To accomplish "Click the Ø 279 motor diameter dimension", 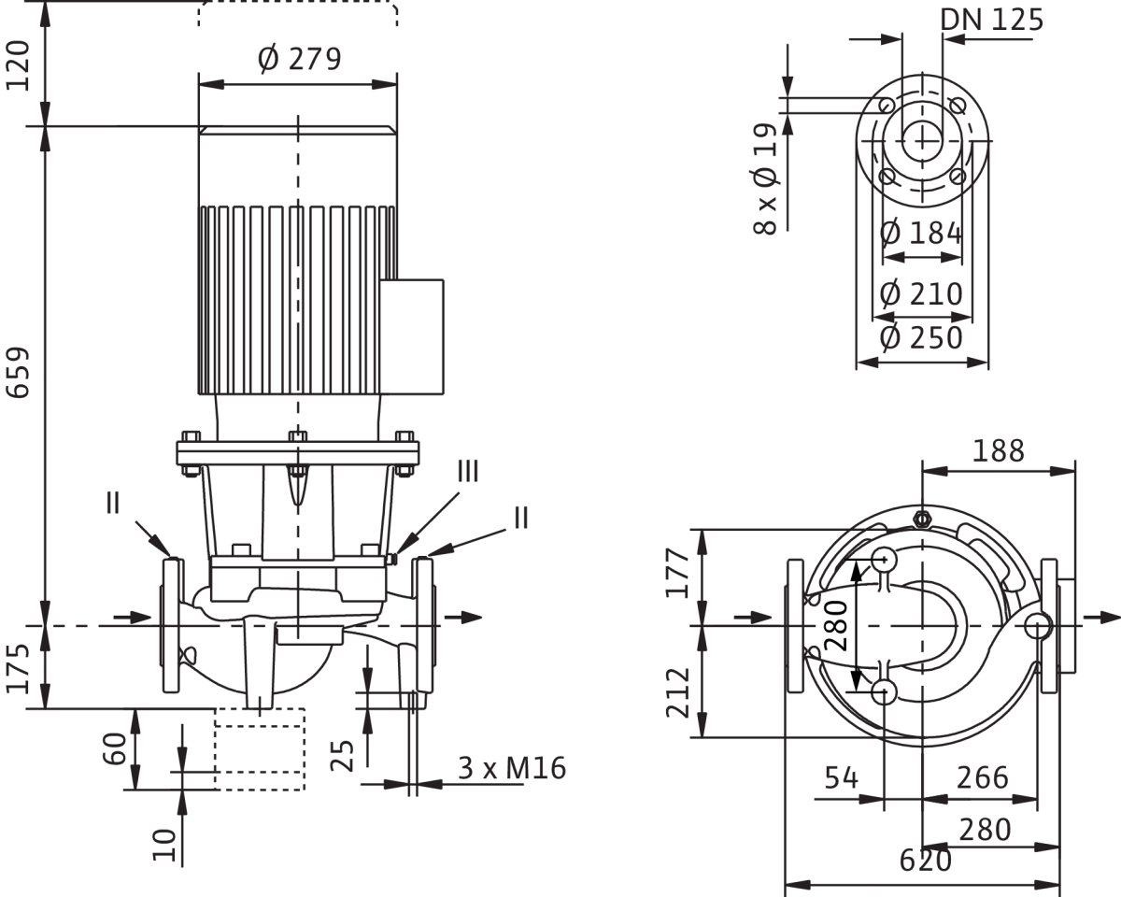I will (x=299, y=61).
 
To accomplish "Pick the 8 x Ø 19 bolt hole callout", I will (x=766, y=178).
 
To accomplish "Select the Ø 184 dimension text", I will (x=922, y=230).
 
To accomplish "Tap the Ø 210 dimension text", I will (x=922, y=294).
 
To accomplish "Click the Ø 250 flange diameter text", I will (x=922, y=337).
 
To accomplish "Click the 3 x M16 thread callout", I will (x=512, y=768).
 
